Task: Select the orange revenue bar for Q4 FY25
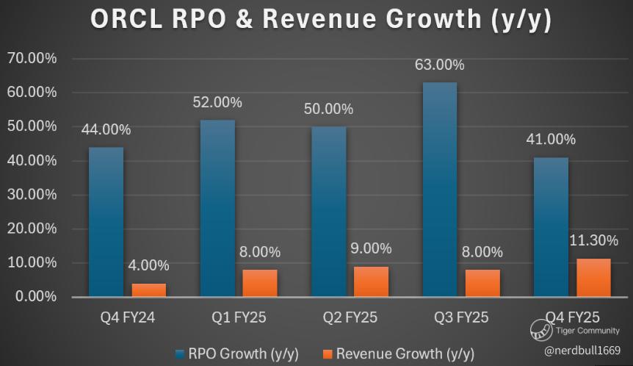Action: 593,278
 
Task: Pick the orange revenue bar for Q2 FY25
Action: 372,281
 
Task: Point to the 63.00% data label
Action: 440,65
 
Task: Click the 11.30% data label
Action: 593,240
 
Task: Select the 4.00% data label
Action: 149,265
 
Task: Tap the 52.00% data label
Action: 217,104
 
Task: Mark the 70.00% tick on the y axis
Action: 32,58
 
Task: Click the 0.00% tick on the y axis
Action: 35,297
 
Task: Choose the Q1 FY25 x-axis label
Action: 239,317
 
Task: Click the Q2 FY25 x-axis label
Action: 350,317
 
